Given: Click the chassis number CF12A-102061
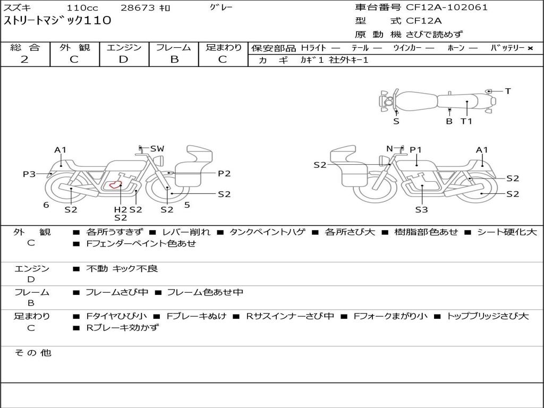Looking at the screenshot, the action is pyautogui.click(x=447, y=7).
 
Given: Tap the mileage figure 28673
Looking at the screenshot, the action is pyautogui.click(x=138, y=7).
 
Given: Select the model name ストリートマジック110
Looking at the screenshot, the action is pyautogui.click(x=57, y=21).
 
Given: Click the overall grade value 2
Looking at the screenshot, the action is pyautogui.click(x=24, y=59).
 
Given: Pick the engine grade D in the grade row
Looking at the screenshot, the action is pyautogui.click(x=123, y=59).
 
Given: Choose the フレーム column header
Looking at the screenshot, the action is pyautogui.click(x=174, y=47).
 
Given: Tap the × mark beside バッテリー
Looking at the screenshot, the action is pyautogui.click(x=530, y=48).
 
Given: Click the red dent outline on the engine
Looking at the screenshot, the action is pyautogui.click(x=115, y=185).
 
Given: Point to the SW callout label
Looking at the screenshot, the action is pyautogui.click(x=157, y=149).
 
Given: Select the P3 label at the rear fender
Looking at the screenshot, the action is pyautogui.click(x=29, y=174).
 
